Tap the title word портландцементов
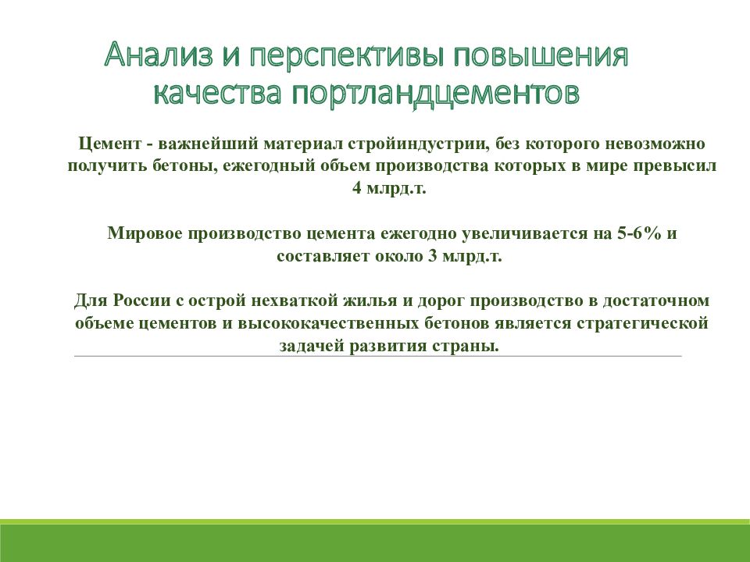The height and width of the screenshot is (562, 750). click(437, 93)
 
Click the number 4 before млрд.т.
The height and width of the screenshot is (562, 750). click(357, 189)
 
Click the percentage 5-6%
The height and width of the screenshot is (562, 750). click(633, 233)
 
